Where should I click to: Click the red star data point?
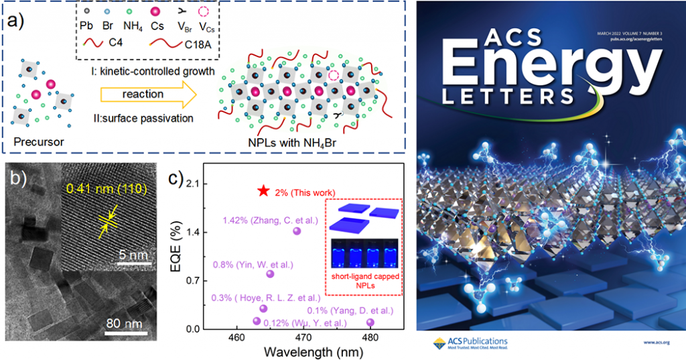pyautogui.click(x=263, y=191)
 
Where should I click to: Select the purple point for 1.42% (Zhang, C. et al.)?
pyautogui.click(x=297, y=231)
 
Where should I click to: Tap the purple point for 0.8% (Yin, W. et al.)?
pyautogui.click(x=271, y=274)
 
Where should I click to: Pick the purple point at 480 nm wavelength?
pyautogui.click(x=370, y=322)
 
